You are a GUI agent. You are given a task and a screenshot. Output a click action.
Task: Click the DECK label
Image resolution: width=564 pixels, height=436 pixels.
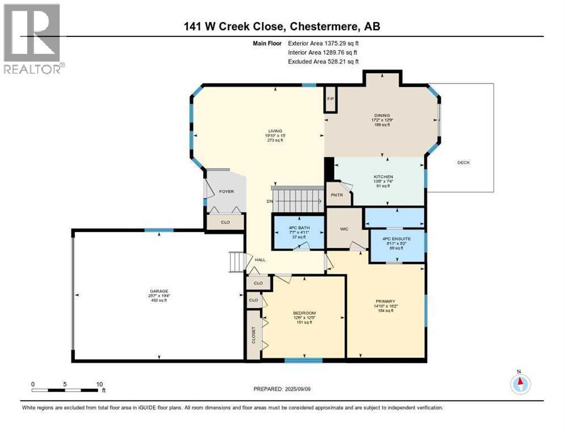click(464, 163)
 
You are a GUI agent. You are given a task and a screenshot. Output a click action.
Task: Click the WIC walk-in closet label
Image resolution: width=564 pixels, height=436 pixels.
click(344, 229)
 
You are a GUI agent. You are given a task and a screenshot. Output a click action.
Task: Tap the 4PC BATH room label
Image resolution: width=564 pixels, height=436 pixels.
click(298, 230)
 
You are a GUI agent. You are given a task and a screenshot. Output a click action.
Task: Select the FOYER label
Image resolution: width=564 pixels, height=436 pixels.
click(226, 192)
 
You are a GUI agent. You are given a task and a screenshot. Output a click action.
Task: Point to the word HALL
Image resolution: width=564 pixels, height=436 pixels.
click(260, 259)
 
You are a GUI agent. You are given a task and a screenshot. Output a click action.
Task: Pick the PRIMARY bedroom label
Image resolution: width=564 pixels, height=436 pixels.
click(385, 301)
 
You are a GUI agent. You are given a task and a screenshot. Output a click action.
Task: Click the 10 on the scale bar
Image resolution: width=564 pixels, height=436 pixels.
click(100, 384)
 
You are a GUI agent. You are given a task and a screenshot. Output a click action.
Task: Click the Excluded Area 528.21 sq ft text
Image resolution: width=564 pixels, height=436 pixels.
click(323, 61)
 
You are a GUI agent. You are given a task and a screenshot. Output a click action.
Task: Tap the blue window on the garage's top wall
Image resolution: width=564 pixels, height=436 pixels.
click(158, 230)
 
